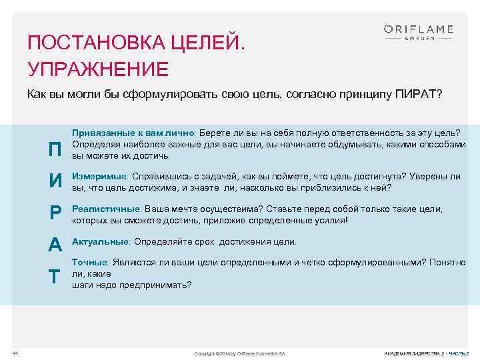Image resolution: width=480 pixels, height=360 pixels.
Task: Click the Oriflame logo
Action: click(418, 29)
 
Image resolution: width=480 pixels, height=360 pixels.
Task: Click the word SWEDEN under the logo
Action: click(419, 39)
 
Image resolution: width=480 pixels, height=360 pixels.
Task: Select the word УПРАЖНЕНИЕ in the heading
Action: click(98, 69)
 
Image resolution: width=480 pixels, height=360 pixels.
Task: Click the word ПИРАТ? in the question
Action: click(417, 94)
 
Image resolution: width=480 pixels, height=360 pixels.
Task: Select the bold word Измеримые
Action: click(99, 177)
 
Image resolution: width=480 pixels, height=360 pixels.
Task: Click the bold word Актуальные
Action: click(100, 241)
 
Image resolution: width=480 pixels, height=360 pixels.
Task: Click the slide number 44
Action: click(15, 351)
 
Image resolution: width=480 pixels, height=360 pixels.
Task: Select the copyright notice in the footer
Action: click(239, 352)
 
